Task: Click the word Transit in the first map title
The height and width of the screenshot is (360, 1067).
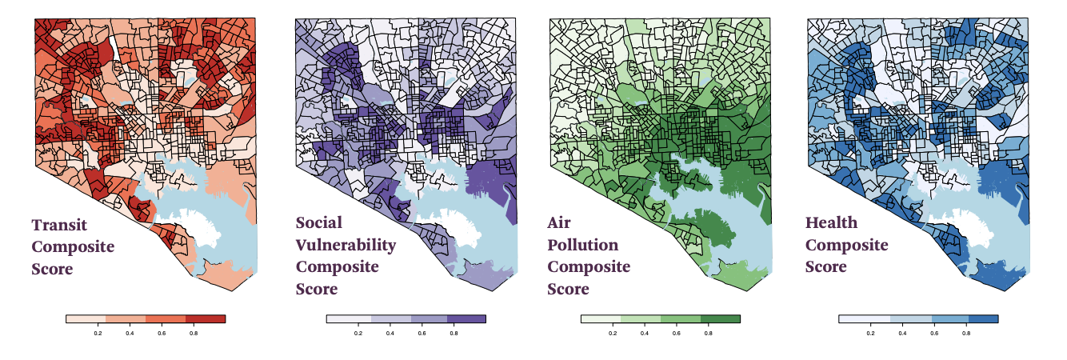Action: (x=59, y=225)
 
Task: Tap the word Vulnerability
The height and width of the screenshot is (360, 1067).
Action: (x=346, y=245)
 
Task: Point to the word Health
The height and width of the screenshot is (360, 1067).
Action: (x=831, y=222)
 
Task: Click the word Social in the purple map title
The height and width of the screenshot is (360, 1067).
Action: (x=318, y=222)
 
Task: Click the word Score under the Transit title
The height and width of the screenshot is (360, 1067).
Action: (x=53, y=269)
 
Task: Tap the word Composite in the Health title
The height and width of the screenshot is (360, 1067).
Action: (x=846, y=245)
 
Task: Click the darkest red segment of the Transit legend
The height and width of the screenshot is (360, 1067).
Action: (x=206, y=318)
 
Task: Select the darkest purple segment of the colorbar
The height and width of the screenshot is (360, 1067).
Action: (x=466, y=318)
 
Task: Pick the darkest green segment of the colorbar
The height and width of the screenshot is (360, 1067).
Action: (x=721, y=318)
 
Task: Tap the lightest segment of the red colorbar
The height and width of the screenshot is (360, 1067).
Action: (x=86, y=318)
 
